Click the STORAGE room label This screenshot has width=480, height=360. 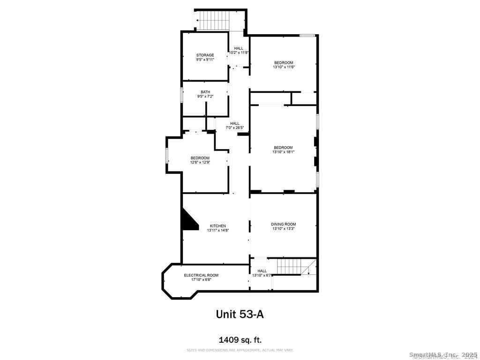(x=205, y=55)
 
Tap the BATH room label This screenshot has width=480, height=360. (x=205, y=92)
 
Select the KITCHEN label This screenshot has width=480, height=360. (x=217, y=226)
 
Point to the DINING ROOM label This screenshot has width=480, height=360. (x=283, y=224)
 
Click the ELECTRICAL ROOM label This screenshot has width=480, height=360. (x=201, y=275)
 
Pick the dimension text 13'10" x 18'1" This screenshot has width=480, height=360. (x=283, y=152)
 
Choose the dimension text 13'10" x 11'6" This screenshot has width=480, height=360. (x=284, y=67)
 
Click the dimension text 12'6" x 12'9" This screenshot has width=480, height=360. (x=200, y=162)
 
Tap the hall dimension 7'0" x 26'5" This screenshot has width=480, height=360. (x=235, y=127)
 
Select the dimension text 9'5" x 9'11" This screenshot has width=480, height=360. (x=205, y=60)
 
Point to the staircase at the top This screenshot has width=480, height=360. (x=214, y=21)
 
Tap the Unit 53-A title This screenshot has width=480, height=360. (x=240, y=314)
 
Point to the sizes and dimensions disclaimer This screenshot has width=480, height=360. (x=240, y=350)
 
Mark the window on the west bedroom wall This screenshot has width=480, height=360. (x=166, y=156)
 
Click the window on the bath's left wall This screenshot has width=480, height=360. (x=182, y=94)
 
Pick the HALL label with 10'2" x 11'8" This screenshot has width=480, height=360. (x=239, y=48)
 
